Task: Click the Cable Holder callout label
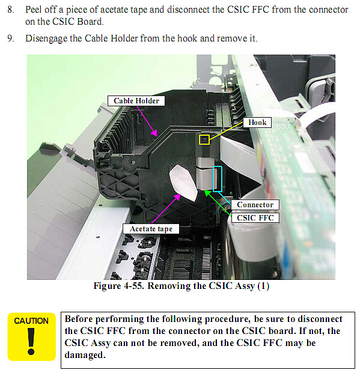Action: click(136, 101)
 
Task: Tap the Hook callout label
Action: click(257, 123)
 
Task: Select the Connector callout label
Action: click(255, 205)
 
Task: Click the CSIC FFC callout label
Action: click(255, 218)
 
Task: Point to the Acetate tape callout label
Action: click(151, 229)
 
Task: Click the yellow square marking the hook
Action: click(204, 139)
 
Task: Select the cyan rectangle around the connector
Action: click(218, 179)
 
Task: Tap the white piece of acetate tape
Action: click(183, 183)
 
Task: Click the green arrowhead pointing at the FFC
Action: click(207, 193)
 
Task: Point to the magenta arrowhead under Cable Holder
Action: click(154, 133)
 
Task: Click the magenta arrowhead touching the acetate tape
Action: click(178, 197)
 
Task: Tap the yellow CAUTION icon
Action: click(31, 337)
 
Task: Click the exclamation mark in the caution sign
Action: click(31, 341)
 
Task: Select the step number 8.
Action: click(10, 10)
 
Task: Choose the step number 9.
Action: click(10, 38)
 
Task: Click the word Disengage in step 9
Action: click(46, 39)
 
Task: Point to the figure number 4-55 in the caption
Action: click(134, 286)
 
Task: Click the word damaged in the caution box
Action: click(85, 355)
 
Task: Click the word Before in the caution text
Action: click(79, 319)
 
